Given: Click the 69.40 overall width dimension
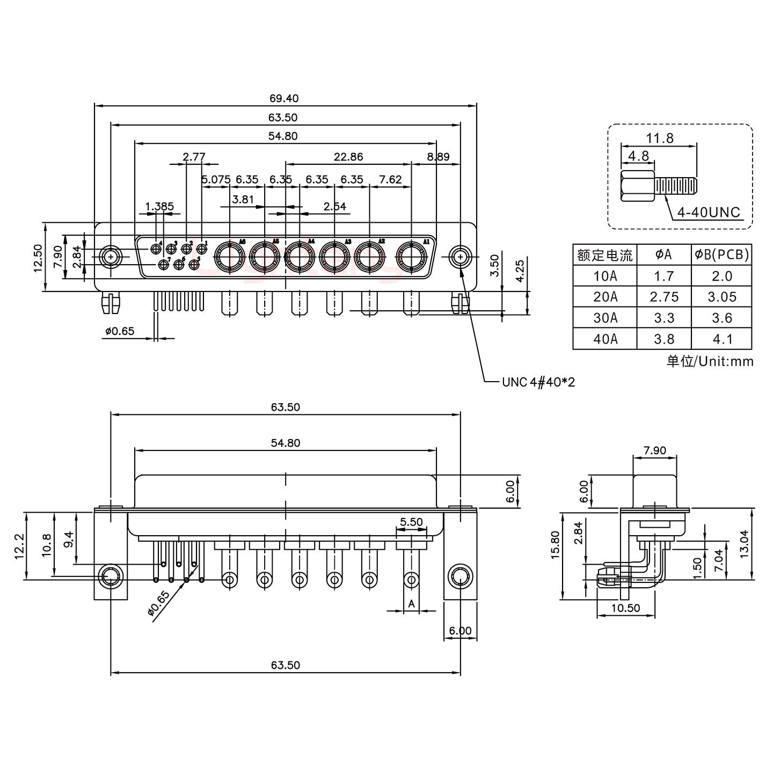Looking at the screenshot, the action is (284, 98).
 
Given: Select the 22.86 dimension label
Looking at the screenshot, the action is (348, 157).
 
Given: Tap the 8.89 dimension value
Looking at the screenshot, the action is (438, 157).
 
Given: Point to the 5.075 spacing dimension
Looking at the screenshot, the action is (216, 179).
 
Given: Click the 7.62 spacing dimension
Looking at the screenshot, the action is (390, 179).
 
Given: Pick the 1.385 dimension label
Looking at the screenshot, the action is (159, 206).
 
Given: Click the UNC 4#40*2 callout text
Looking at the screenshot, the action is (538, 382).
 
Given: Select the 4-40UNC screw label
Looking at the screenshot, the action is (709, 213).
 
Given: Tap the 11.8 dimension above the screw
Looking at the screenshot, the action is (659, 138).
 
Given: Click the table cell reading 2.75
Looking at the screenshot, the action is (663, 297).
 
